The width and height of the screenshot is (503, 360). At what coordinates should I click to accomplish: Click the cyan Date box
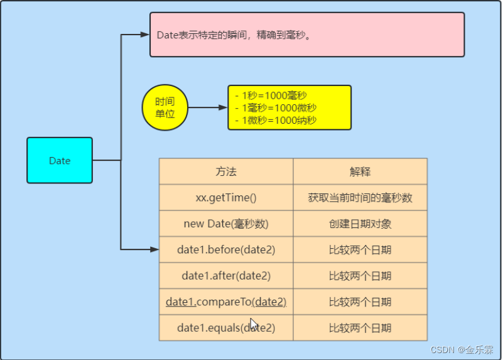click(60, 161)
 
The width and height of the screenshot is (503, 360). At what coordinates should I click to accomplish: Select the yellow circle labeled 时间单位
click(165, 108)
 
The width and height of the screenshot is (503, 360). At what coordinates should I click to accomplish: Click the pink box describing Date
click(307, 35)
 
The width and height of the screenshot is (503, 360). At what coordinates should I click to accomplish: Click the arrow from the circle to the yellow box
click(207, 108)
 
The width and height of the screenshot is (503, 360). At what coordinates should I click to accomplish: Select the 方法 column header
click(226, 172)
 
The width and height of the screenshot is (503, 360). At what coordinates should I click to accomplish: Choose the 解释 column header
click(360, 172)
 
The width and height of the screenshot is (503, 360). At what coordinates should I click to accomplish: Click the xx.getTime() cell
click(226, 198)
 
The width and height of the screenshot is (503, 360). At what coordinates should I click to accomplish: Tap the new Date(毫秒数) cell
click(226, 224)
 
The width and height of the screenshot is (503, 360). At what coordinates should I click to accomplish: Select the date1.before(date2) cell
click(226, 250)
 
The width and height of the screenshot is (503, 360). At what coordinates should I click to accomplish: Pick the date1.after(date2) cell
click(226, 276)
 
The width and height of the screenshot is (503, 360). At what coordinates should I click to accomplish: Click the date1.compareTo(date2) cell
click(226, 302)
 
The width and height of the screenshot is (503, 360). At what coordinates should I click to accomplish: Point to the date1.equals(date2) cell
click(226, 328)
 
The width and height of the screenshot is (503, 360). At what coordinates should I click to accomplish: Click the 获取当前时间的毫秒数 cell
click(360, 198)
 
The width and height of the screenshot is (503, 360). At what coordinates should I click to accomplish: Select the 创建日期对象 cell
click(360, 224)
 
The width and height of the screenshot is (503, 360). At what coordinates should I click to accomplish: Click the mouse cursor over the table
click(253, 324)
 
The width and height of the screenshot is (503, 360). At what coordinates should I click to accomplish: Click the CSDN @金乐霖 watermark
click(462, 349)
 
